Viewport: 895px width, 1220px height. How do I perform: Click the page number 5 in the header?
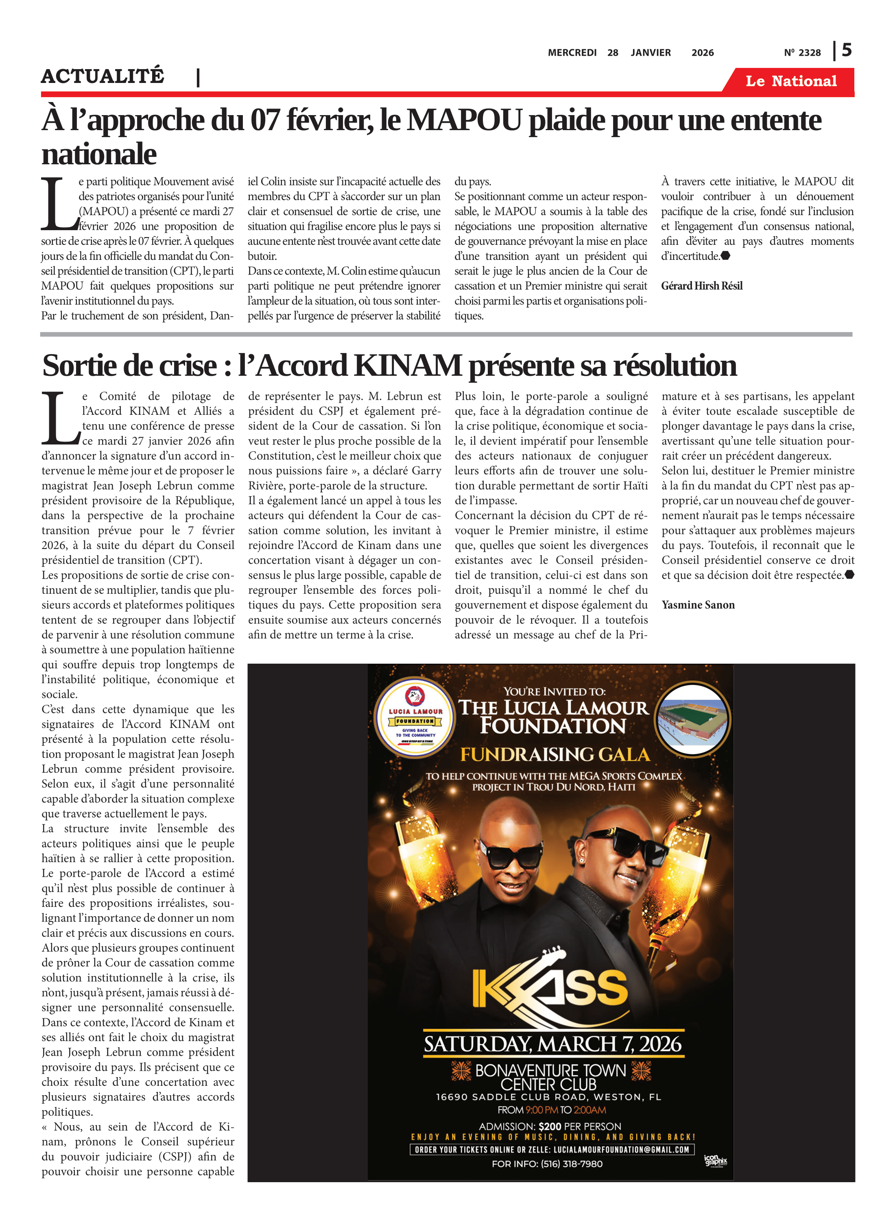tap(846, 50)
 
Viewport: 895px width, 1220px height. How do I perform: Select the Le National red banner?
tap(790, 81)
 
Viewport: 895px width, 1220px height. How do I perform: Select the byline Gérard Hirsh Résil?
tap(702, 286)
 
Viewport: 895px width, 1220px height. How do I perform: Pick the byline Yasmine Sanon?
tap(698, 605)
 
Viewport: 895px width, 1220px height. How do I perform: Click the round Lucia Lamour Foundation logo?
tap(415, 717)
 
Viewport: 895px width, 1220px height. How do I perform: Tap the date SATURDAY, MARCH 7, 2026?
tap(552, 1044)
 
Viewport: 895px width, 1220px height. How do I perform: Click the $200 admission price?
tap(550, 1126)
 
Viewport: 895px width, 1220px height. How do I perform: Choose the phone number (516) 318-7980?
tap(571, 1164)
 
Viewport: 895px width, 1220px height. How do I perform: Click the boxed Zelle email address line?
tap(552, 1150)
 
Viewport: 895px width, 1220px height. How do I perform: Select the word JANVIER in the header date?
tap(650, 52)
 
